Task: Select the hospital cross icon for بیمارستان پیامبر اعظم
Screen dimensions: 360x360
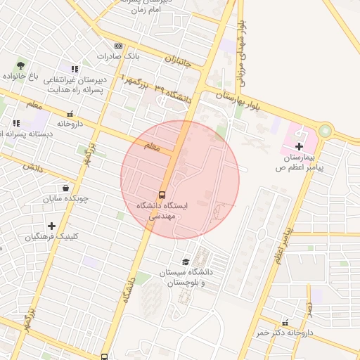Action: [300, 146]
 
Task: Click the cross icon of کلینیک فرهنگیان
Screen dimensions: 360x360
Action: [51, 226]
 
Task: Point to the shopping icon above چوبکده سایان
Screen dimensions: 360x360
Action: [65, 188]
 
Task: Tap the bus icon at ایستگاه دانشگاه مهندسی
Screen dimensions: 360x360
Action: [162, 195]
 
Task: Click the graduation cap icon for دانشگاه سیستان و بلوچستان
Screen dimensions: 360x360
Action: [186, 262]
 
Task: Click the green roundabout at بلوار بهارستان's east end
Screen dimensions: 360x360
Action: [325, 131]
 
